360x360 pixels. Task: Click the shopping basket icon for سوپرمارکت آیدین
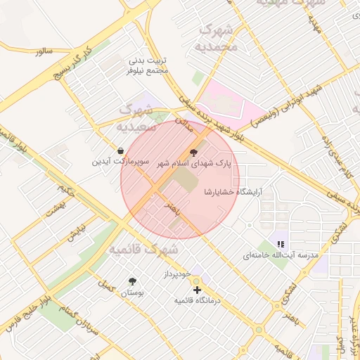121,150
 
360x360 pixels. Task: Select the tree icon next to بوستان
131,281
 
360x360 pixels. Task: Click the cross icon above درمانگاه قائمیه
197,290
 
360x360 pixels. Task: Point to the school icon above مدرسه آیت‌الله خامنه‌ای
281,244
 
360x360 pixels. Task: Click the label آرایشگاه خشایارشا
232,191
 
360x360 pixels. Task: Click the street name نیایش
75,233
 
